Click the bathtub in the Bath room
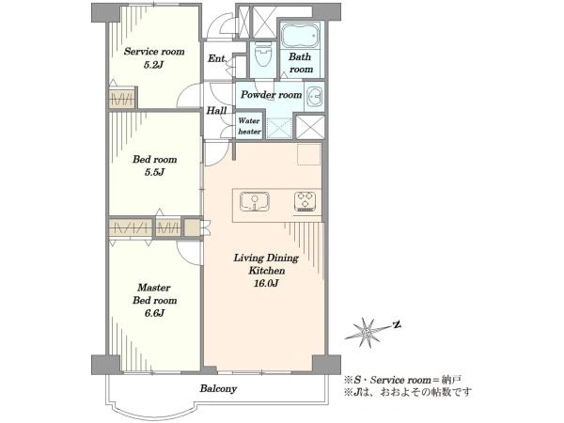[300, 36]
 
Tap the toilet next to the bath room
[263, 53]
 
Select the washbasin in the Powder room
[315, 96]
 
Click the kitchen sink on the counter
[255, 202]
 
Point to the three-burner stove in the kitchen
[305, 201]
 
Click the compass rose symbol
[368, 333]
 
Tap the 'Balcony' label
[218, 389]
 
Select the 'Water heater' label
[249, 126]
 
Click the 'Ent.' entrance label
[217, 58]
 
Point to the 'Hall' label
[216, 110]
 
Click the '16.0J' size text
[266, 284]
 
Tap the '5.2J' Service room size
[154, 65]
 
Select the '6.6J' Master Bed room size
[155, 313]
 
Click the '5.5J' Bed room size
[155, 172]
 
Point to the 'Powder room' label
[272, 95]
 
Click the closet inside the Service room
[122, 98]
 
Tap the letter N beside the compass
[397, 325]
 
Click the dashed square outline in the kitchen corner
[309, 154]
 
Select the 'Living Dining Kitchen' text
[266, 264]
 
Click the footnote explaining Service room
[402, 380]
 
